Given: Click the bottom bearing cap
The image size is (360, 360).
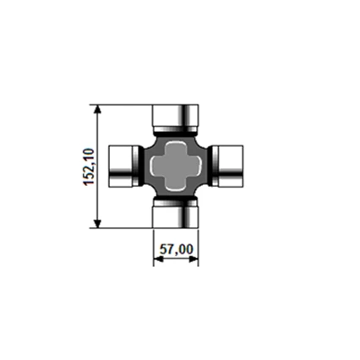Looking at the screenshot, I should [x=176, y=215].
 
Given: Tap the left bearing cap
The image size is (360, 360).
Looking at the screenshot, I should [x=125, y=165].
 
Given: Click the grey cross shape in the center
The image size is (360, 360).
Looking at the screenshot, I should [x=176, y=165].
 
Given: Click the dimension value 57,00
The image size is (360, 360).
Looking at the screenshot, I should [x=177, y=249].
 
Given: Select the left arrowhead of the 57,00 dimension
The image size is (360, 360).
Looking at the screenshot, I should [x=158, y=260].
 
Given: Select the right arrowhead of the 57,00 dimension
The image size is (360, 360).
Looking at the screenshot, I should [x=194, y=260].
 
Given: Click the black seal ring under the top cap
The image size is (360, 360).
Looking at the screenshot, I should [x=176, y=131].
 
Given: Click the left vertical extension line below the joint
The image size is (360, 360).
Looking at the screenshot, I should [x=153, y=245].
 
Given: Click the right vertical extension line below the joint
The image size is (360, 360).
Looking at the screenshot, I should [x=199, y=245].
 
